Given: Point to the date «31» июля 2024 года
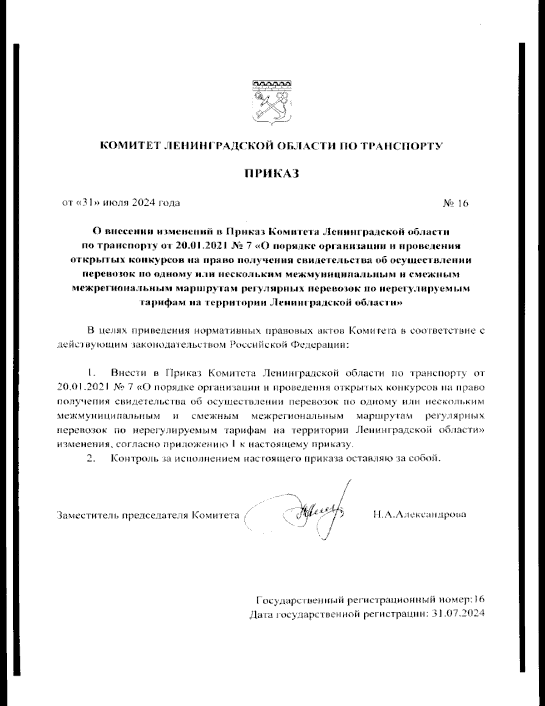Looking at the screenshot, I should click(121, 203).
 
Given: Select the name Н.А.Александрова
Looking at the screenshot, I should click(419, 515).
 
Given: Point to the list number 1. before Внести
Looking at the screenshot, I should click(91, 373).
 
